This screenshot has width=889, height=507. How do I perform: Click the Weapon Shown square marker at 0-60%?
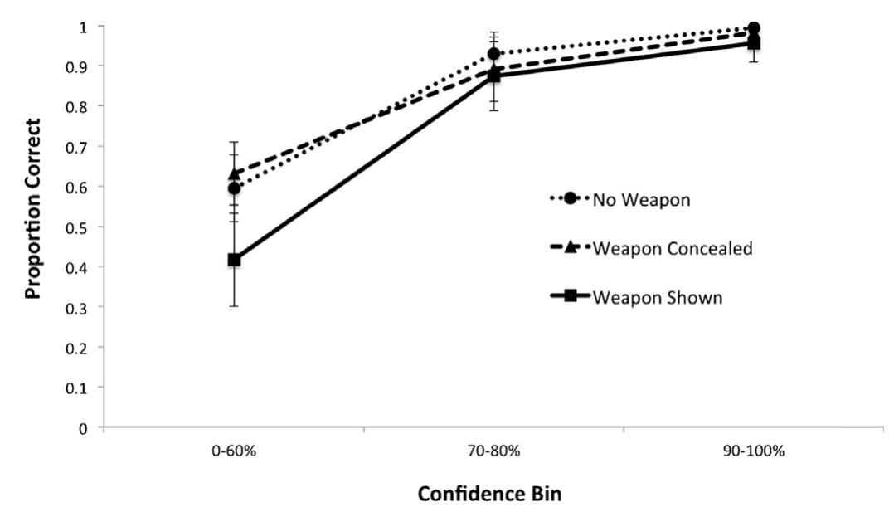[x=234, y=260]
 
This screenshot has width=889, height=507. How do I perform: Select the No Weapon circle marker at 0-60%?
[x=234, y=188]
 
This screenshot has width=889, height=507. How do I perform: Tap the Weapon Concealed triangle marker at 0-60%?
[x=234, y=174]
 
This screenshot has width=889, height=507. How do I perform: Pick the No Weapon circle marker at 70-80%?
[x=494, y=54]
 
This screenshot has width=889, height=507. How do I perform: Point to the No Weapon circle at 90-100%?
[x=754, y=27]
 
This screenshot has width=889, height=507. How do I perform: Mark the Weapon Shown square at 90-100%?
[x=754, y=43]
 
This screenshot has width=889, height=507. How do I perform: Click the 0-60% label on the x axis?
[x=234, y=452]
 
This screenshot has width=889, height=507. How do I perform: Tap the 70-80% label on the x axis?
[x=494, y=452]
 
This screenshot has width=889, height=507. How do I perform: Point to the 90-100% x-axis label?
[x=754, y=452]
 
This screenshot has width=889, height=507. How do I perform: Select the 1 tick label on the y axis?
[x=84, y=27]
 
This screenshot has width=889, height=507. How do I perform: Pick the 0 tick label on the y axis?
[x=84, y=428]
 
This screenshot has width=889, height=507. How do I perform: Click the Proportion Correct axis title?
[x=33, y=207]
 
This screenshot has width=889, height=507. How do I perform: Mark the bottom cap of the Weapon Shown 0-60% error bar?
[x=234, y=306]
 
